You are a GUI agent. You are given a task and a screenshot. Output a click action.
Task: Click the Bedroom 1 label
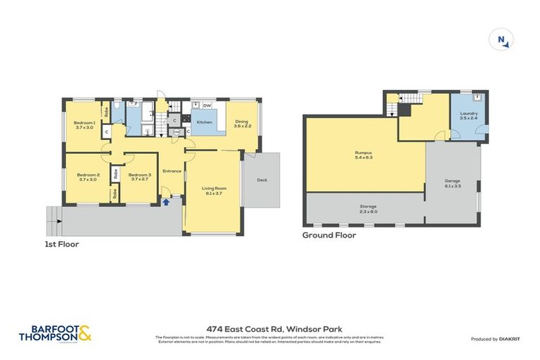(84, 124)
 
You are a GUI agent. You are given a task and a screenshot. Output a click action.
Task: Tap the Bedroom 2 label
(88, 176)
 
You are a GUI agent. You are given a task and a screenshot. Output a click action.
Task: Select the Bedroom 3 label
(140, 176)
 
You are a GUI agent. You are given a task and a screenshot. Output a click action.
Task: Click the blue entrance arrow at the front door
(166, 202)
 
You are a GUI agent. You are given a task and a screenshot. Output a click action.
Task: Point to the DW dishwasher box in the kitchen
(207, 105)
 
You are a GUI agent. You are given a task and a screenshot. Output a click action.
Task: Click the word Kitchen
(204, 122)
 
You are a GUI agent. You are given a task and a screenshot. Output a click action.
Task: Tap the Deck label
(262, 179)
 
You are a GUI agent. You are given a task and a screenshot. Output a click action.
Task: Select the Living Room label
(214, 190)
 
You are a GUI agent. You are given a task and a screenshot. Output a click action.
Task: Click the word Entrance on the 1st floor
(172, 171)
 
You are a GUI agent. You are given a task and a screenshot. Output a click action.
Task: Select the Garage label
(452, 183)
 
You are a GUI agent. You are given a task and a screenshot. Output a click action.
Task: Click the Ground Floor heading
(328, 236)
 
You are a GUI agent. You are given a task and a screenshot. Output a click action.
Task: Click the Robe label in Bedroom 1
(106, 110)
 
